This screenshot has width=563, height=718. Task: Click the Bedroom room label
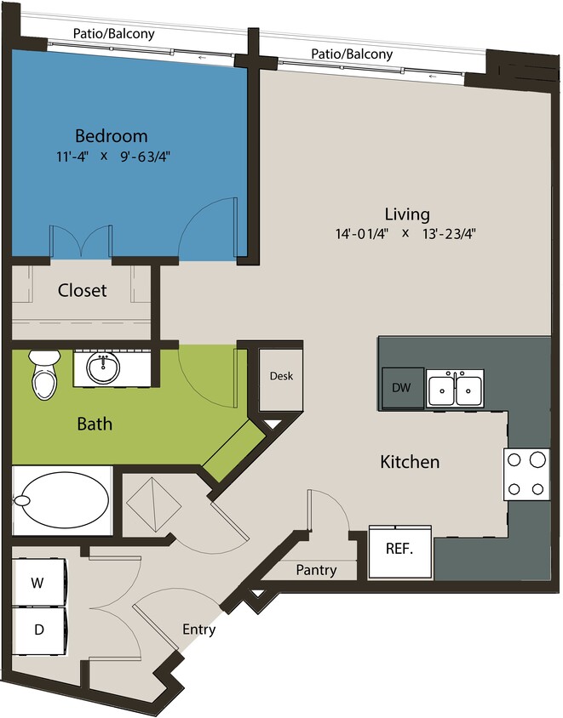(x=111, y=136)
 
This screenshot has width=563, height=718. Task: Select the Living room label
(x=406, y=214)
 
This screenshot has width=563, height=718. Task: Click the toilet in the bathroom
(x=42, y=378)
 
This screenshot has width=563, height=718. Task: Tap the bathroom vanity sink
(x=103, y=368)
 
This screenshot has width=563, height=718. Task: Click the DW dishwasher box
(x=402, y=387)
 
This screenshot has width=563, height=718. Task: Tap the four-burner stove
(x=526, y=474)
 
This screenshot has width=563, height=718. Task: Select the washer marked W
(x=38, y=583)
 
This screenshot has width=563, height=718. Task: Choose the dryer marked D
(x=38, y=631)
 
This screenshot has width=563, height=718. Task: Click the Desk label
(x=281, y=375)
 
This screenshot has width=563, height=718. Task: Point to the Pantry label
(x=316, y=570)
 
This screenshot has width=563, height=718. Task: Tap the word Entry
(x=198, y=630)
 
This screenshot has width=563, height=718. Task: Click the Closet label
(x=83, y=290)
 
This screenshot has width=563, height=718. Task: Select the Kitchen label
(x=410, y=462)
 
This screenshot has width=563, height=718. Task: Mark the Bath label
(x=95, y=423)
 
